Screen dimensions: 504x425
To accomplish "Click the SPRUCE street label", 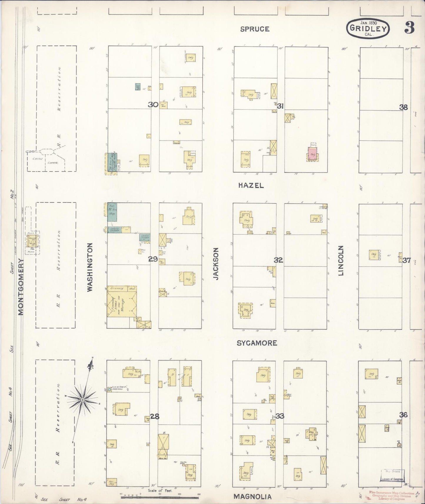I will coord(254,29).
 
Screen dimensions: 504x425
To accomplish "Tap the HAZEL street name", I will coord(251,185).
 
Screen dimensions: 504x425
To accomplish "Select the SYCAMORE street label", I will coord(257,343).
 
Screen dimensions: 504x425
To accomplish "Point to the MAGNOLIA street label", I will coord(252,496).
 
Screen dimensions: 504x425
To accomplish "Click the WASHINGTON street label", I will coord(90,267).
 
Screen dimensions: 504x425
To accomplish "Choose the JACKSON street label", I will coord(216,263).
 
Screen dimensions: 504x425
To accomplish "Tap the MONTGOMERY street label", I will coord(21,287).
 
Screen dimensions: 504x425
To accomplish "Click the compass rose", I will coord(83,400).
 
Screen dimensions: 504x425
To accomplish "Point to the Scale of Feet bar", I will coord(160,497).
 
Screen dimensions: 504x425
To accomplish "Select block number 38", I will coord(403,107).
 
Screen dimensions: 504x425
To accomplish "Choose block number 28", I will coord(155,416).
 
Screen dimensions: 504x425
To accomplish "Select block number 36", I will coord(403,415).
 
